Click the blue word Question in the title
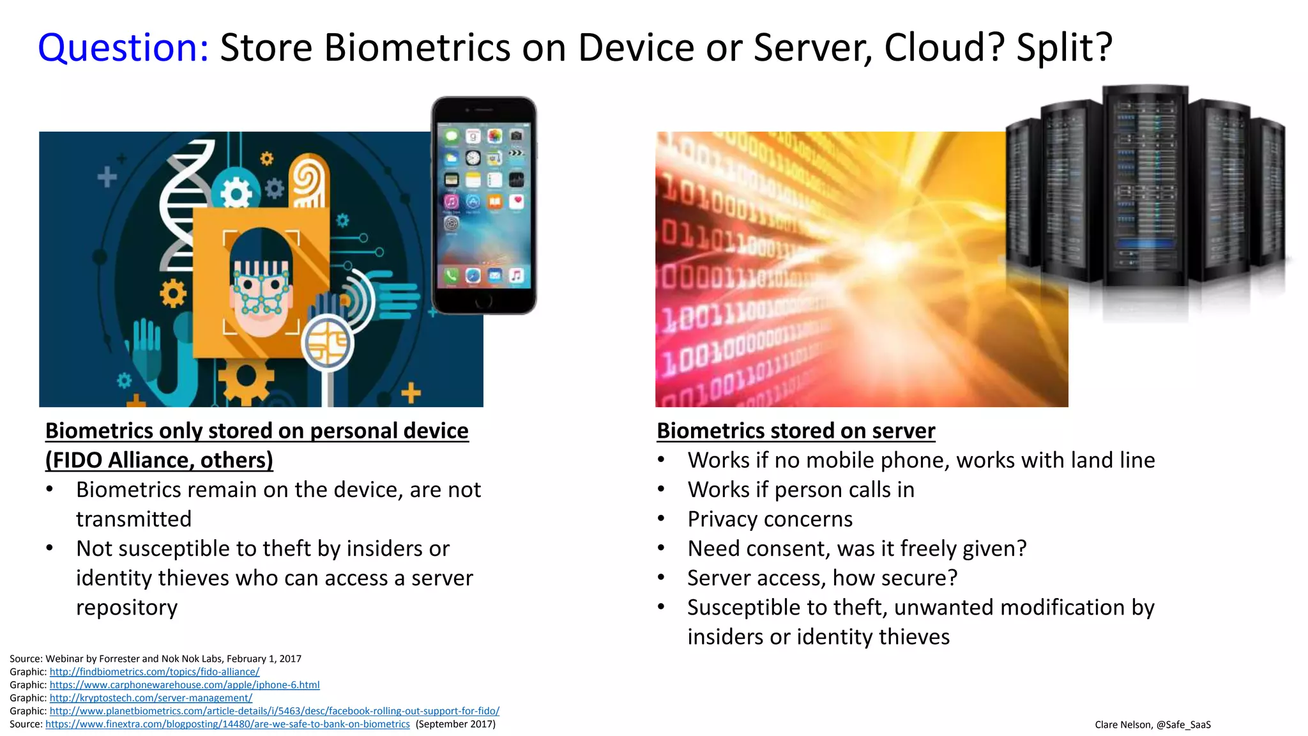click(123, 48)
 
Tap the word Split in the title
click(1057, 48)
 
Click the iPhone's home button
click(483, 300)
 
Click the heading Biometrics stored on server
click(795, 431)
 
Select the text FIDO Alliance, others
click(159, 460)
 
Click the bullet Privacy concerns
click(770, 519)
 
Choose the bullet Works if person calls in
click(800, 489)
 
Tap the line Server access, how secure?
click(822, 578)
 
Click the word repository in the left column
click(126, 607)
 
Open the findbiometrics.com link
click(155, 671)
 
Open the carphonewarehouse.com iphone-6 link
click(185, 685)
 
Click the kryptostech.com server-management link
click(151, 698)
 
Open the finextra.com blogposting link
click(227, 724)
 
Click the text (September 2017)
click(455, 724)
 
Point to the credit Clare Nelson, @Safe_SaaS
click(1152, 724)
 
